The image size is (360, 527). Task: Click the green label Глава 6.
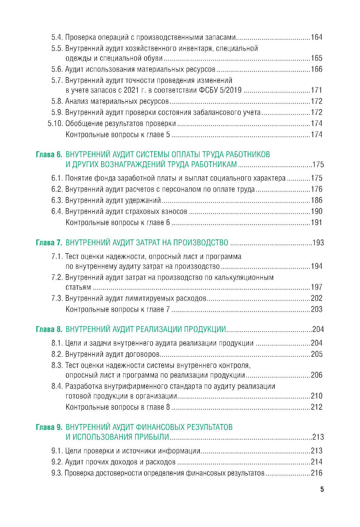pos(49,155)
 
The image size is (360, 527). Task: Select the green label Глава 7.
pos(49,243)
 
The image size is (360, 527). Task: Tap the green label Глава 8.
pos(49,329)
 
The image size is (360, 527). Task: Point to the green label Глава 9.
pos(49,427)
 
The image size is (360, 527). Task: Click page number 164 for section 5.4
pos(316,37)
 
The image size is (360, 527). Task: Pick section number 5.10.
pos(55,124)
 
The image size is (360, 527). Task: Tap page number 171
pos(316,90)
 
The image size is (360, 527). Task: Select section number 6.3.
pos(57,201)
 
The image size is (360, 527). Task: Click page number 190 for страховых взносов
pos(316,212)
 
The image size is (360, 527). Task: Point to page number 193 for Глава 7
pos(318,243)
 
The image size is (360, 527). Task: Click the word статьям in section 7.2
pos(78,288)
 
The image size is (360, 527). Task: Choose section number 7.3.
pos(57,298)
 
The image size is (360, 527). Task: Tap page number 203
pos(316,310)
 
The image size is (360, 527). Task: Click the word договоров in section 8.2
pos(142,355)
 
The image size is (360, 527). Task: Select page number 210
pos(316,396)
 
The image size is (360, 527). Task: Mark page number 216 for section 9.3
pos(316,473)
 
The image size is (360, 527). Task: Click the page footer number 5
pos(322,490)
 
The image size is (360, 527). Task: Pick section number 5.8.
pos(57,102)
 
